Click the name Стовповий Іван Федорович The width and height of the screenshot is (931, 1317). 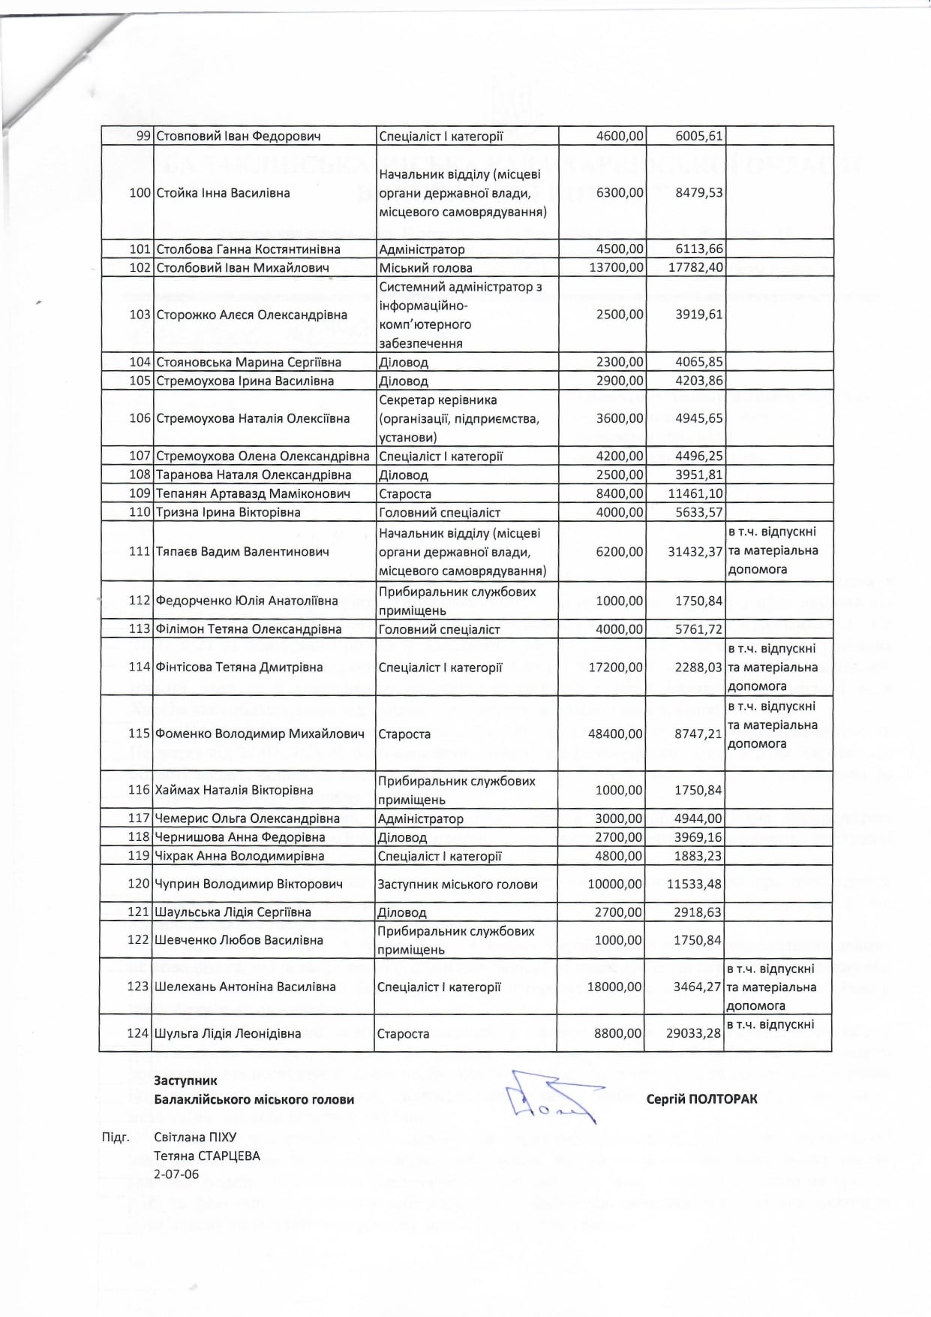pyautogui.click(x=238, y=136)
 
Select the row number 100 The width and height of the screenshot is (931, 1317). pyautogui.click(x=140, y=192)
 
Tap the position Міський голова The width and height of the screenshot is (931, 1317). pyautogui.click(x=425, y=268)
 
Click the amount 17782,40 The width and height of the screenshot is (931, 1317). pyautogui.click(x=695, y=268)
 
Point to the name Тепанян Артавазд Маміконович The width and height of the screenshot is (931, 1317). pyautogui.click(x=254, y=493)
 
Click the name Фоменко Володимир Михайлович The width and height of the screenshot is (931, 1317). pyautogui.click(x=260, y=734)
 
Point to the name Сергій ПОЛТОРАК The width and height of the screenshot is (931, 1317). pyautogui.click(x=701, y=1099)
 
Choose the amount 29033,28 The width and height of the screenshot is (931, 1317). pyautogui.click(x=694, y=1033)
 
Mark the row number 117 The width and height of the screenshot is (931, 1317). pyautogui.click(x=140, y=818)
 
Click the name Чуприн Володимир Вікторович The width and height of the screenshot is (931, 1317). pyautogui.click(x=248, y=884)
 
